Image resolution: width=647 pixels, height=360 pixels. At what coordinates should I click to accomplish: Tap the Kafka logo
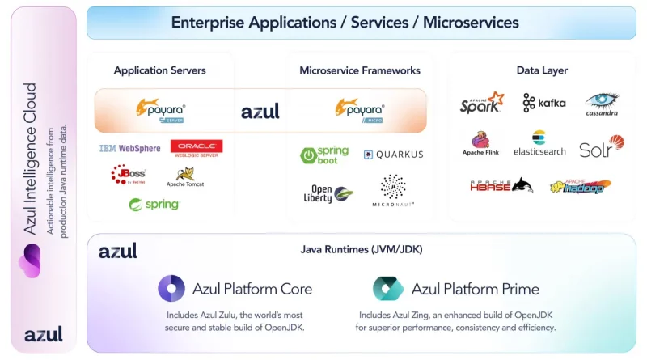click(x=544, y=103)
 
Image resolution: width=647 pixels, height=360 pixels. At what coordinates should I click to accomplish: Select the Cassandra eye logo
click(x=602, y=104)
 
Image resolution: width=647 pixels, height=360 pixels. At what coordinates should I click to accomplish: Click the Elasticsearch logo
click(x=539, y=143)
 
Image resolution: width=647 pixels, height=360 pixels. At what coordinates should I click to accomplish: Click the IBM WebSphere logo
click(x=129, y=148)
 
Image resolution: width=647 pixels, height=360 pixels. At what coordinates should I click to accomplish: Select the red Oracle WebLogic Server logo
click(x=197, y=148)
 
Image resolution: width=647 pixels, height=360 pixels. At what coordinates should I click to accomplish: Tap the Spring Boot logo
click(x=324, y=155)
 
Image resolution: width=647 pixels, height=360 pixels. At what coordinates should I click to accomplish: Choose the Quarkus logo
click(x=393, y=155)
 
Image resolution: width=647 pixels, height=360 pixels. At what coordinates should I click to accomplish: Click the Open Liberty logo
click(x=328, y=193)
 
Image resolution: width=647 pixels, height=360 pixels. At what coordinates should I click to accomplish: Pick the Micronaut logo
click(x=393, y=191)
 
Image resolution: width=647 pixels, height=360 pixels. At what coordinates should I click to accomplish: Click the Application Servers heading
click(x=159, y=70)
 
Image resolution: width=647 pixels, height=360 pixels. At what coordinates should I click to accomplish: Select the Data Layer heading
click(x=542, y=70)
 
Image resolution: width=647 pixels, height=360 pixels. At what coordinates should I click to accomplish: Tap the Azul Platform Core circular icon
click(x=171, y=288)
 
